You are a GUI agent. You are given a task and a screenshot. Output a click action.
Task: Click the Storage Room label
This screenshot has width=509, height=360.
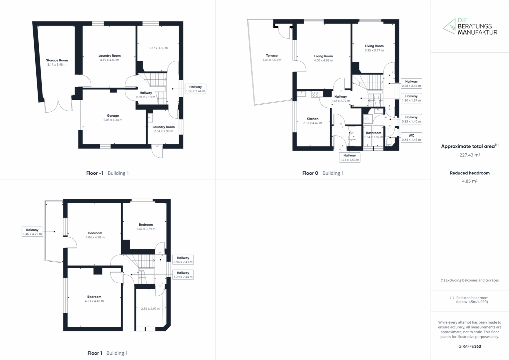pos(57,60)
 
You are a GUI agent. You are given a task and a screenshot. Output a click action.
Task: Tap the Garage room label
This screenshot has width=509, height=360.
pos(113,116)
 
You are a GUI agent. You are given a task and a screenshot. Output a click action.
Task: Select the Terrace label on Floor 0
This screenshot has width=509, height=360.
pos(272,55)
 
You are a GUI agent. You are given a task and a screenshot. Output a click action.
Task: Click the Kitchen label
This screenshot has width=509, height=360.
pos(312,119)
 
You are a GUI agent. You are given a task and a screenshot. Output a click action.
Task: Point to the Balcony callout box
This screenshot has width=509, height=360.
pos(32,232)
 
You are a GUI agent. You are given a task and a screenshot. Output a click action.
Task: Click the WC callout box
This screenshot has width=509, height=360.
pos(411,137)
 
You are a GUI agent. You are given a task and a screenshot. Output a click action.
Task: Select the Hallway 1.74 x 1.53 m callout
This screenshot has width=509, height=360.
pos(349,157)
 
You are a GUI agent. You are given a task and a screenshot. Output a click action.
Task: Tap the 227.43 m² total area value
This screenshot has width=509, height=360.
pos(470,155)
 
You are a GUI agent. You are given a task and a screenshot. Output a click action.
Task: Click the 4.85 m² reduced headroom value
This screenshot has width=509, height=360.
pos(470,181)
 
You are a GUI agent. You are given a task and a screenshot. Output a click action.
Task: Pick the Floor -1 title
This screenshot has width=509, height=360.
pos(95,173)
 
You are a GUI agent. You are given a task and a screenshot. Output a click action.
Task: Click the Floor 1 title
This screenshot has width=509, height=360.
pos(95,353)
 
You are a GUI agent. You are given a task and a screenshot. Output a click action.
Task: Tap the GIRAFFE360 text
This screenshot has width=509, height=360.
pos(470,346)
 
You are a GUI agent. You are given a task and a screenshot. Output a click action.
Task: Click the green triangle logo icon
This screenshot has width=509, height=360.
pos(449,26)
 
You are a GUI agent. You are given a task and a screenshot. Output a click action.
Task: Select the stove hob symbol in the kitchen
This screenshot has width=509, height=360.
pos(315,94)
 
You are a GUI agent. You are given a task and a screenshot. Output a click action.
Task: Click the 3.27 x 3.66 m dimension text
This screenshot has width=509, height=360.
pos(158,48)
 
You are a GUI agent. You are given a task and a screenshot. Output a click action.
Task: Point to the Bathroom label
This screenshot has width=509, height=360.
pos(373,133)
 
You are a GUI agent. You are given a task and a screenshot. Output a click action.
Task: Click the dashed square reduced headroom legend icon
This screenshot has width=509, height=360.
pos(452,298)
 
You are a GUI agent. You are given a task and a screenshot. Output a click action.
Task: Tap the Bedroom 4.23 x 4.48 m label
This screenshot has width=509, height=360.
pos(94,299)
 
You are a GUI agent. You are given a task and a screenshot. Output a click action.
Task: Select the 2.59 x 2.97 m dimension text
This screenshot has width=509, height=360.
pos(151,309)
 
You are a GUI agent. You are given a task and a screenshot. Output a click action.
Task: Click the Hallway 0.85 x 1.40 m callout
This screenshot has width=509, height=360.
pos(411,119)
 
